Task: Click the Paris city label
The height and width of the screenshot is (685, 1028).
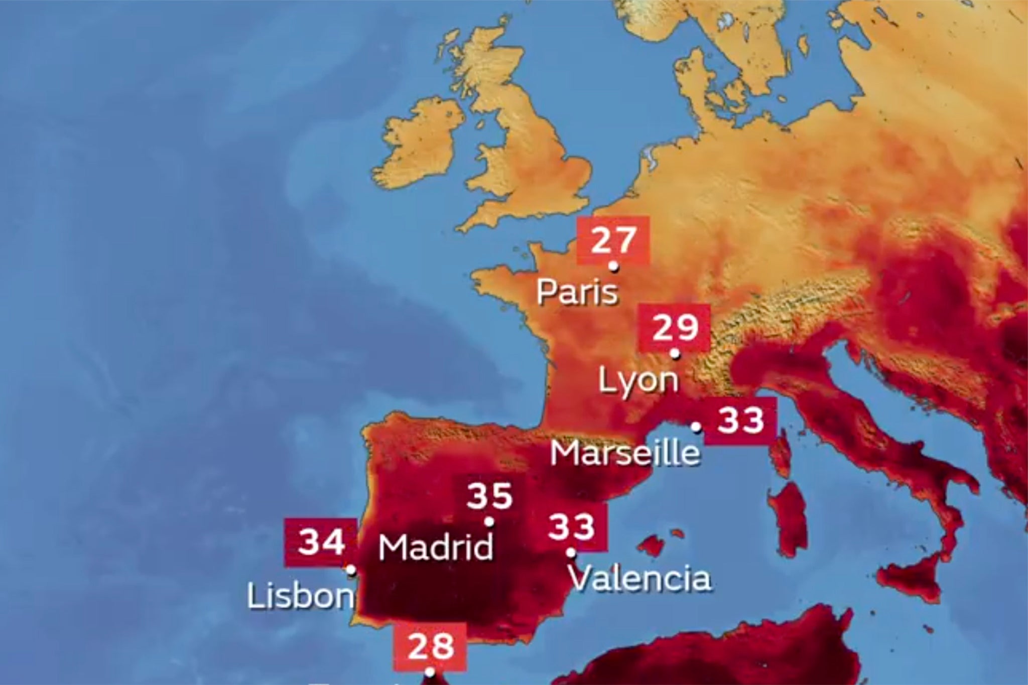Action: point(577,292)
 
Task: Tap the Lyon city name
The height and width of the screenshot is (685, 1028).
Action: point(638,380)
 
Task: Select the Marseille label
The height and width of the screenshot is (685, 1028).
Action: point(625,453)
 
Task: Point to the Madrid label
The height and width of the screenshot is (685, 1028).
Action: point(436,547)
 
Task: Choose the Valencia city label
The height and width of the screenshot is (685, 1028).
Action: point(641,578)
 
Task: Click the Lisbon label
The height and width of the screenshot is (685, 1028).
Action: point(301,597)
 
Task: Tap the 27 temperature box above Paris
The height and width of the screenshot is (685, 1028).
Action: point(613,240)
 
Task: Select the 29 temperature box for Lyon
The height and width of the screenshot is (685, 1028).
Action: point(675,328)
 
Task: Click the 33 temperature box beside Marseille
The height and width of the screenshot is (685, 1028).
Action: point(741,421)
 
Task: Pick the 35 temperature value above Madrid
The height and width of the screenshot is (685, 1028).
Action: point(490,496)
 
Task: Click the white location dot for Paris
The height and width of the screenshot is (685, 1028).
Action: point(613,266)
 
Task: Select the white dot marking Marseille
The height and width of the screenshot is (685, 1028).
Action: point(696,427)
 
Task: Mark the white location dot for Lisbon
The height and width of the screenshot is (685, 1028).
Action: point(351,570)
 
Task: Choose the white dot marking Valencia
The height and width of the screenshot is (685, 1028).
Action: point(571,553)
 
